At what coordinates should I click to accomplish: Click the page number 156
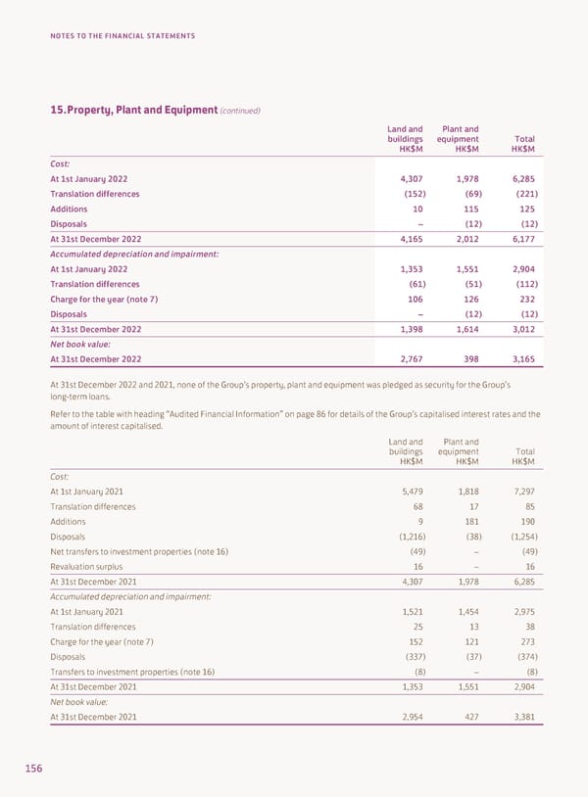click(34, 769)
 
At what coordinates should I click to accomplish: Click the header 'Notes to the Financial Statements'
click(122, 36)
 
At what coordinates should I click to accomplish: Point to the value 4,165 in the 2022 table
click(409, 239)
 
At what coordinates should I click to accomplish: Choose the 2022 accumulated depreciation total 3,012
click(522, 329)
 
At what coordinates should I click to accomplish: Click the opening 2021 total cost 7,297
click(522, 491)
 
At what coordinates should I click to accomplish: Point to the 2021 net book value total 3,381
click(522, 717)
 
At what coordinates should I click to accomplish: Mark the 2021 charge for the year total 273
click(526, 641)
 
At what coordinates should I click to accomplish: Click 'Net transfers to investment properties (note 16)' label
click(139, 551)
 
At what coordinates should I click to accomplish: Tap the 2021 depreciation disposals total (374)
click(522, 657)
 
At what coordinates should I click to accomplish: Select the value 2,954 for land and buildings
click(409, 717)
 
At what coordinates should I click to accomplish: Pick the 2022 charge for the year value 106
click(414, 299)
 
